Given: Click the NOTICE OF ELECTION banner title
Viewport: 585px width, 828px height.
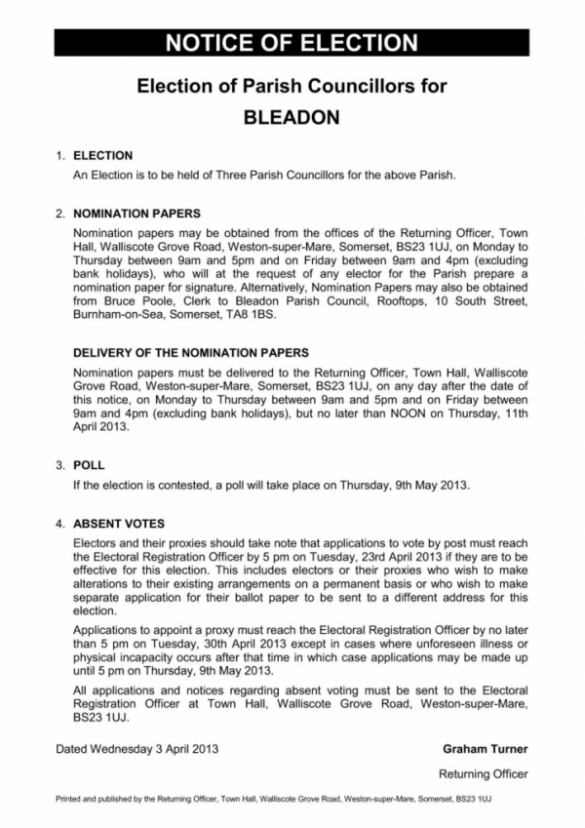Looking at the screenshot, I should pos(292,42).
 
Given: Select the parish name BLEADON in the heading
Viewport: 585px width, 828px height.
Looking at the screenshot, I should pos(292,117).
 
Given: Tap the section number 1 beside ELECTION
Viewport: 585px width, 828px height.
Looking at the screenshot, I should pos(60,155).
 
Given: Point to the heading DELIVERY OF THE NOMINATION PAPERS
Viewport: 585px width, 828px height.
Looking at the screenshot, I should pos(191,352).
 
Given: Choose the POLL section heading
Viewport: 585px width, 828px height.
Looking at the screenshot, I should pos(89,465).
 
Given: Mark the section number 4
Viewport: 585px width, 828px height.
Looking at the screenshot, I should pos(60,523).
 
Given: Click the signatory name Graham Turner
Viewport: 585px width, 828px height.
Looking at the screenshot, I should pos(485,749).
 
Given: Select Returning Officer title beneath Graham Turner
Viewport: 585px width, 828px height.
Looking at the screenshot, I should pos(483,774).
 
